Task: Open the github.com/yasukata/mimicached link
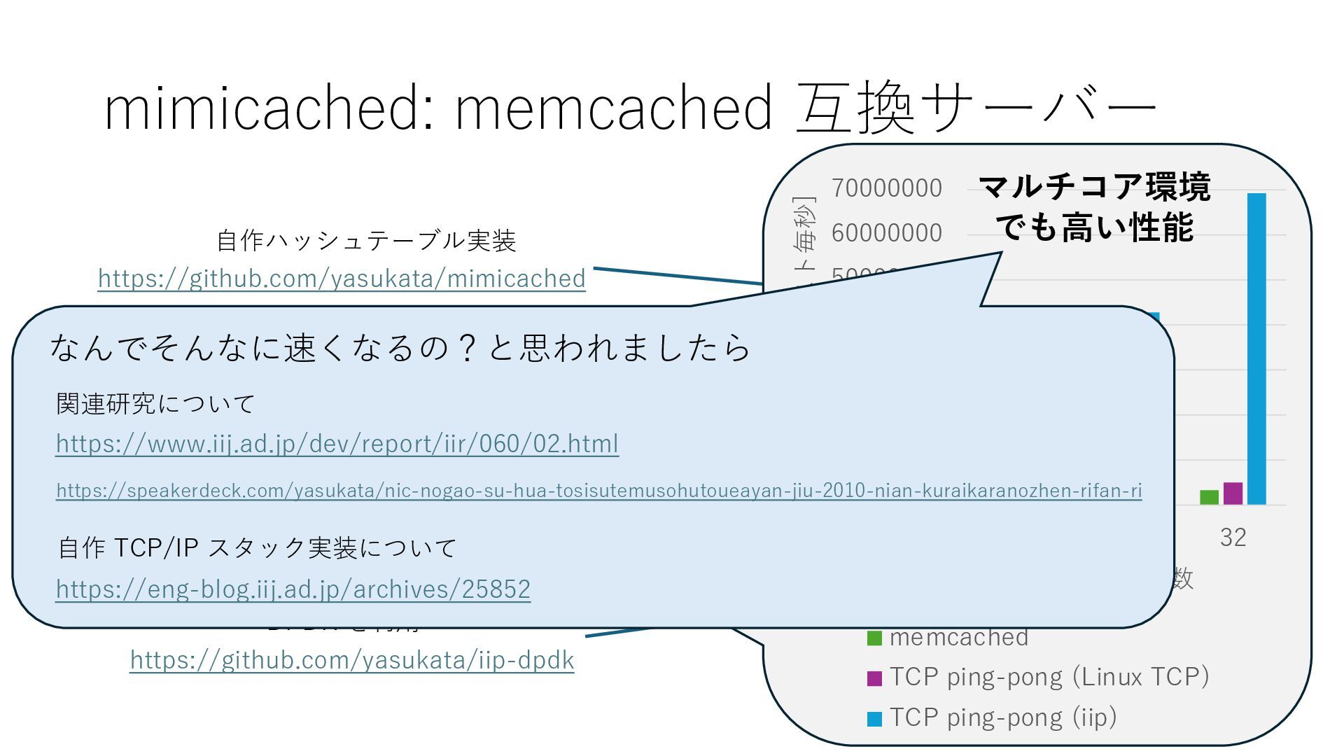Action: pyautogui.click(x=342, y=279)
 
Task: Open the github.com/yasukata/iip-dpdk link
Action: pyautogui.click(x=352, y=660)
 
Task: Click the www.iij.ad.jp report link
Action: pyautogui.click(x=337, y=444)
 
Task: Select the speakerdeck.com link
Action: pyautogui.click(x=598, y=491)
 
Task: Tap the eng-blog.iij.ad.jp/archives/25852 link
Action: pyautogui.click(x=293, y=589)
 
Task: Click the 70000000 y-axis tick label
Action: pyautogui.click(x=886, y=188)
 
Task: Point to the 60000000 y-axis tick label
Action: pyautogui.click(x=886, y=233)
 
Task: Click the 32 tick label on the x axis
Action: pyautogui.click(x=1233, y=538)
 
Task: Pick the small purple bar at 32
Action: pyautogui.click(x=1233, y=493)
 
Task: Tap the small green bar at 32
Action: pyautogui.click(x=1209, y=497)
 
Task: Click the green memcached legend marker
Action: pyautogui.click(x=874, y=638)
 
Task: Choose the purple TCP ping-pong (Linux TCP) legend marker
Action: pyautogui.click(x=874, y=678)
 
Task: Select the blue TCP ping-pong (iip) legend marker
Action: pyautogui.click(x=874, y=719)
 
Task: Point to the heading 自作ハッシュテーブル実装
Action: pyautogui.click(x=366, y=241)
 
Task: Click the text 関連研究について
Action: pyautogui.click(x=155, y=404)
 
